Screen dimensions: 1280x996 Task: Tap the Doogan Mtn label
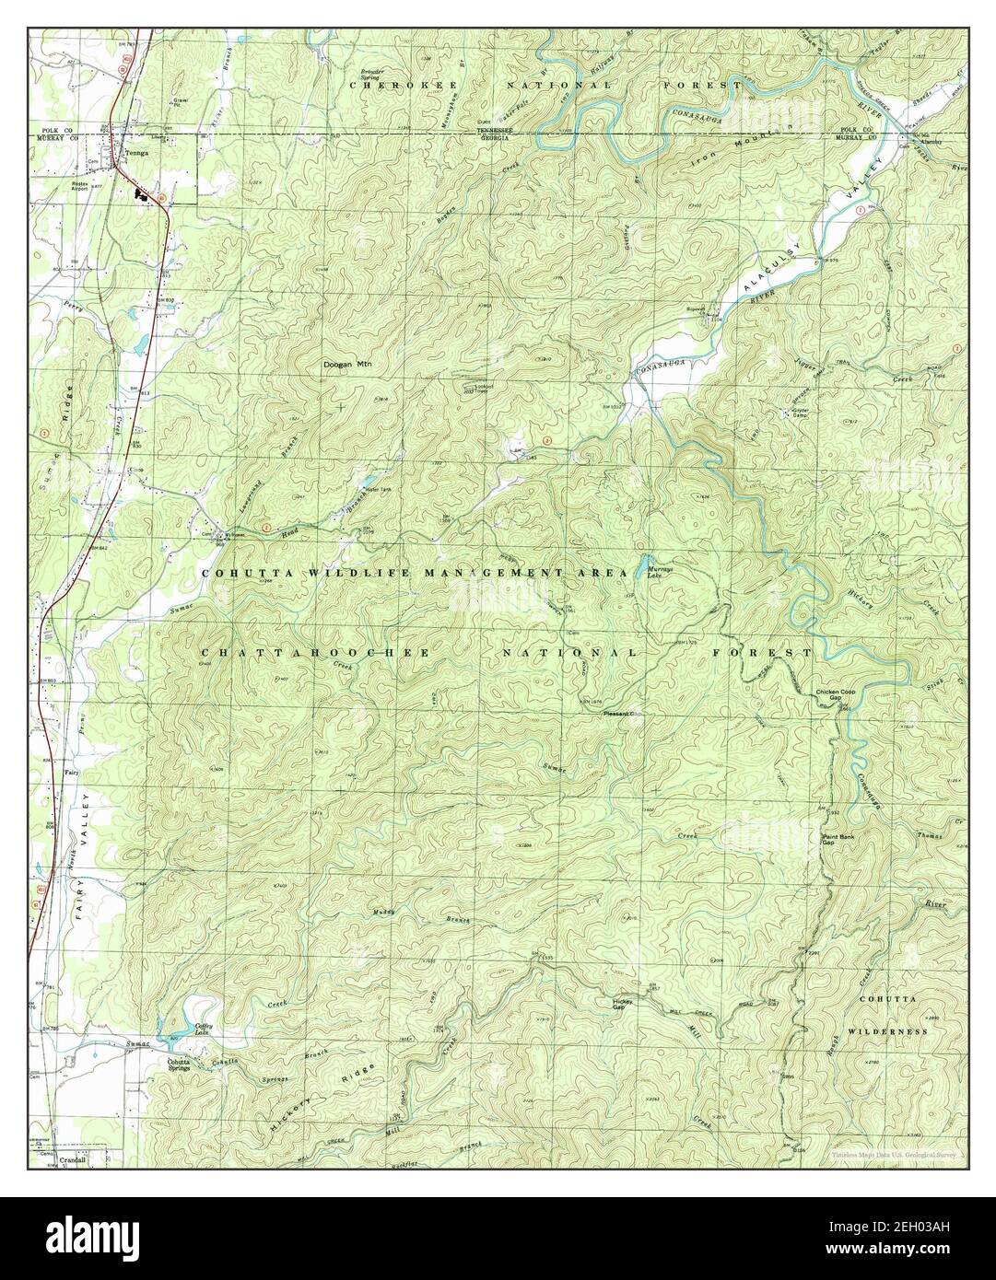click(x=344, y=365)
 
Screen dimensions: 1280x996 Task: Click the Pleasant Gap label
click(x=620, y=715)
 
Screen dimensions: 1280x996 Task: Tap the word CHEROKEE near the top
click(x=386, y=85)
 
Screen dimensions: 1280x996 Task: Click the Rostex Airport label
click(x=125, y=184)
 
